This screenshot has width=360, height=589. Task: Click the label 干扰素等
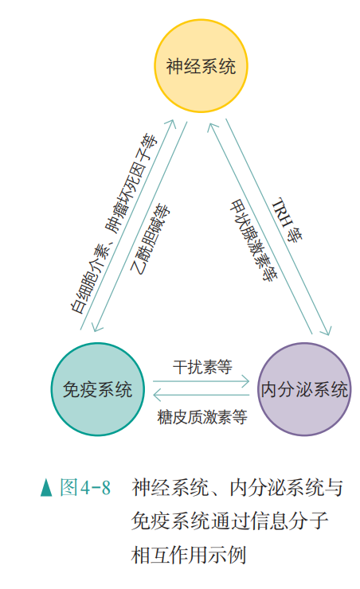coord(202,367)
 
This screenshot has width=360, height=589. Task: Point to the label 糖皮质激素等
coord(202,417)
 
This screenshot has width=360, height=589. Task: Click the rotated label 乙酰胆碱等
coord(150,240)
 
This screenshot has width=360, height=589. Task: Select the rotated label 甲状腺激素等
coord(253,240)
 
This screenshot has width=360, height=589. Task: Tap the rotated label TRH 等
coord(288,220)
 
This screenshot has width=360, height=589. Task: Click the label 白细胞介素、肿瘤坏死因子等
coord(115,223)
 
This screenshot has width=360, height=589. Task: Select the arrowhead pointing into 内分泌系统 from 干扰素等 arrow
coord(246,381)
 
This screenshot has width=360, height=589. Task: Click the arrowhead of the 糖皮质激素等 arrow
coord(157,395)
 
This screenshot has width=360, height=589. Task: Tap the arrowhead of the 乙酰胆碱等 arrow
coord(96,327)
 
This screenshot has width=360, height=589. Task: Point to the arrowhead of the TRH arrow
coord(327,330)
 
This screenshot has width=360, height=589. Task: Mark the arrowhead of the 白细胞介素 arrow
coord(171,124)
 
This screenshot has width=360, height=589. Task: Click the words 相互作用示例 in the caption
coord(189,555)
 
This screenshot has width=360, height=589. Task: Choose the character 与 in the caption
coord(334,487)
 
